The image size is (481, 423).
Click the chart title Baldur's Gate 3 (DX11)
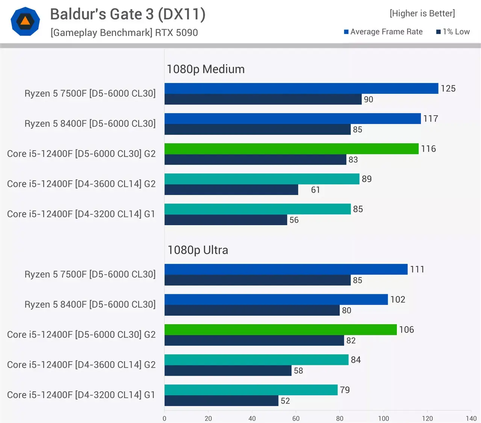[x=128, y=14]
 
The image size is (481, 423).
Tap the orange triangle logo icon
[x=25, y=21]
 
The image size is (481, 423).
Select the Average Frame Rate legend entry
[x=383, y=32]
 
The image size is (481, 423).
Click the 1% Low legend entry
[x=453, y=32]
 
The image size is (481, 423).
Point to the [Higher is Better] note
[x=422, y=14]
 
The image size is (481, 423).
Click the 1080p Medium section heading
[x=206, y=69]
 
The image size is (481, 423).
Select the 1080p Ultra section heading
[x=198, y=250]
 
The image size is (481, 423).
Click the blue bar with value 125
[x=301, y=89]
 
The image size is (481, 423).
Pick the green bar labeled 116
[x=291, y=149]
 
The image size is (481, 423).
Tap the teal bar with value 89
[x=262, y=179]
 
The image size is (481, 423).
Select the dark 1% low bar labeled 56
[x=225, y=220]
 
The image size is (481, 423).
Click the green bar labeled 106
[x=280, y=330]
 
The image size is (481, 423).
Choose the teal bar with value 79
[x=251, y=390]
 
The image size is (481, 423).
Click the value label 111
[x=417, y=269]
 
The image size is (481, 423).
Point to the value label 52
[x=285, y=401]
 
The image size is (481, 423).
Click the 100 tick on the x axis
[x=383, y=418]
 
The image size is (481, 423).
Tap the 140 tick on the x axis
[x=471, y=418]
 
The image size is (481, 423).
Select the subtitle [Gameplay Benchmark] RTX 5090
[x=124, y=33]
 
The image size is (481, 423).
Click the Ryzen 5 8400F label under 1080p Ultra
[x=90, y=304]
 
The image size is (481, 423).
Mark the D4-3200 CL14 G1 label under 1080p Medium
[x=81, y=214]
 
